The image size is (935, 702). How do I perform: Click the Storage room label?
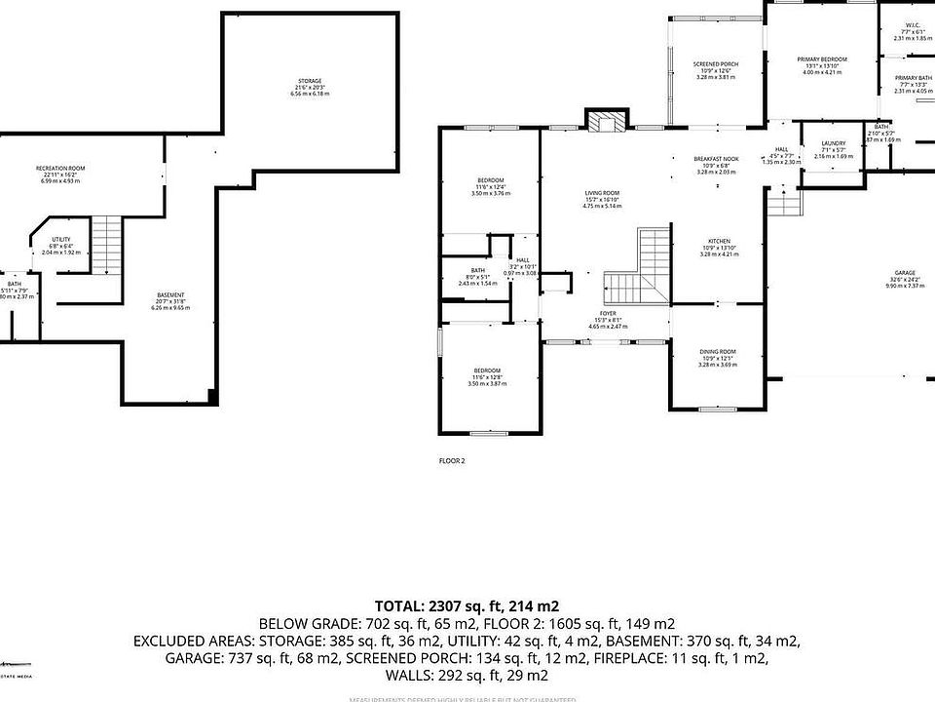(310, 81)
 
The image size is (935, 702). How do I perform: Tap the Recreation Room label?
(61, 169)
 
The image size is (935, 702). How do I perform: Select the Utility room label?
(61, 239)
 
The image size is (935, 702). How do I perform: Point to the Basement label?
(171, 295)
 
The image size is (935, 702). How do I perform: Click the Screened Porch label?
(716, 64)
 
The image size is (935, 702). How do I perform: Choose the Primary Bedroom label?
(822, 59)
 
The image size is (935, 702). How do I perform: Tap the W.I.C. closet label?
(913, 26)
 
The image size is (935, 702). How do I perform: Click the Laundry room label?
(834, 144)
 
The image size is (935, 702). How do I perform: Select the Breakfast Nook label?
(716, 159)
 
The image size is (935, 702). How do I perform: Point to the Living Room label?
(602, 193)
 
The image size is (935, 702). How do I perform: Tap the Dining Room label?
(717, 352)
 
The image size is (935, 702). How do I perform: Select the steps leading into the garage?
(785, 203)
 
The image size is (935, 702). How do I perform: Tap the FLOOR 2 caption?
(452, 460)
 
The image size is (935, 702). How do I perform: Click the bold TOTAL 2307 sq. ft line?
(467, 605)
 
